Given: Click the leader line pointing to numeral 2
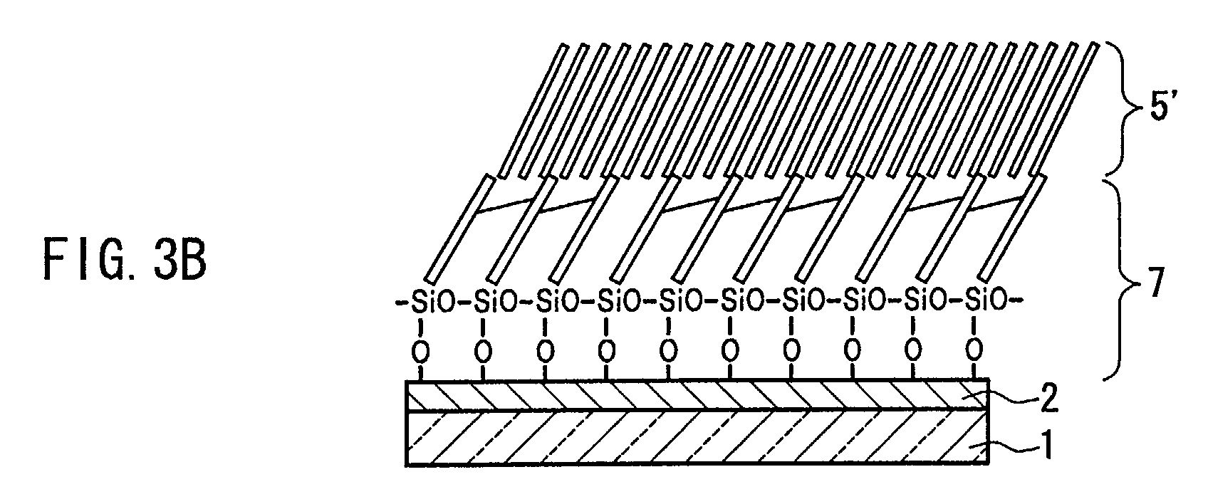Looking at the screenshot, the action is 1008,402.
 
